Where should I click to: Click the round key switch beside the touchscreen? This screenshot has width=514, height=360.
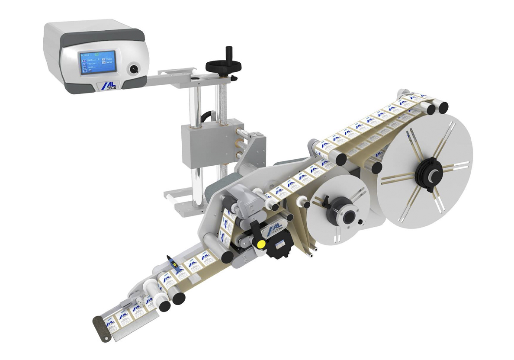pos(133,68)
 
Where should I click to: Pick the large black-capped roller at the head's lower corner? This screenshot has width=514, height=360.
pos(227,256)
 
